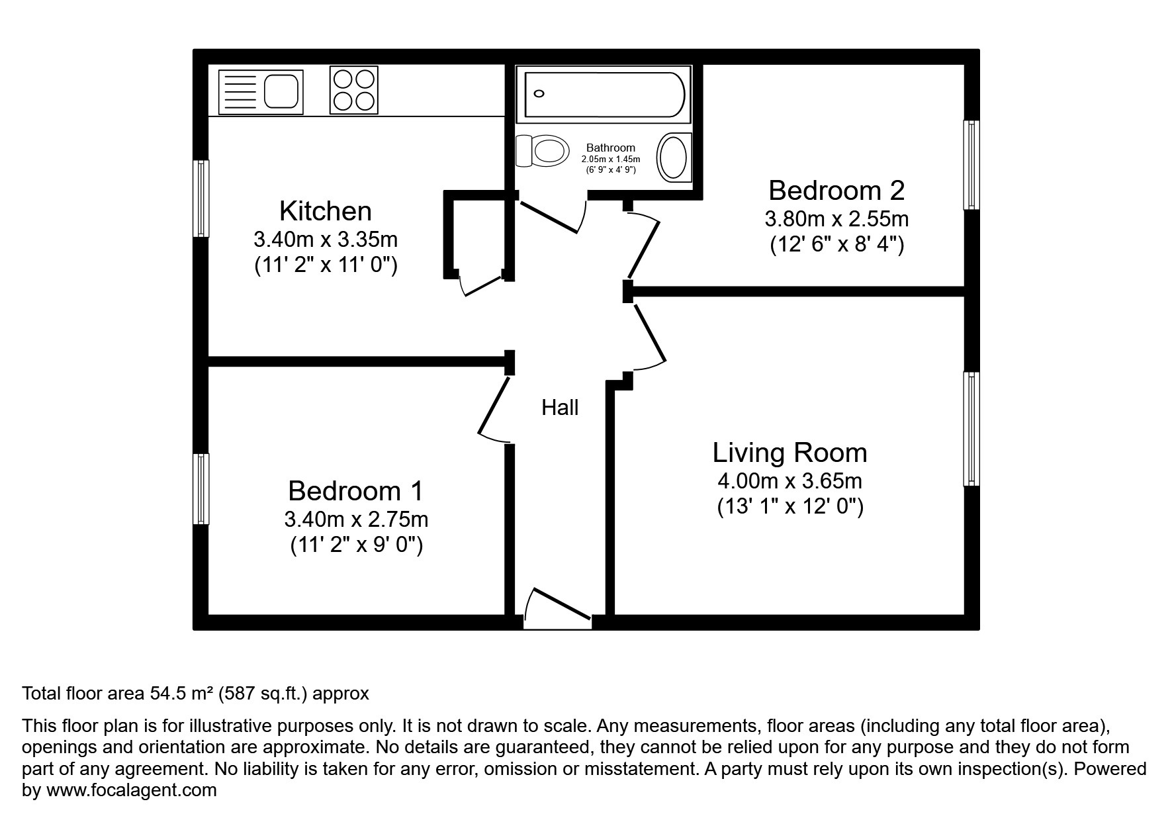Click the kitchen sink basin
[x=282, y=92]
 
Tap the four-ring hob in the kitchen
[x=353, y=90]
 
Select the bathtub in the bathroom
[x=604, y=94]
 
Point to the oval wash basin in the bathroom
[x=673, y=157]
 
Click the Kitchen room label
[x=326, y=211]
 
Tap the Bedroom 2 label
[x=836, y=191]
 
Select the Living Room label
[x=789, y=453]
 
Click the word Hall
[x=560, y=408]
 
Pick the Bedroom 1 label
[x=355, y=491]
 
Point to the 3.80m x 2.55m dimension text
[x=836, y=218]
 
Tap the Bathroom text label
[x=610, y=148]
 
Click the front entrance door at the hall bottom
[x=557, y=606]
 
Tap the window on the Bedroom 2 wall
[x=970, y=165]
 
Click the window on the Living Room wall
[x=970, y=428]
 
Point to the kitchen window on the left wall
[x=201, y=198]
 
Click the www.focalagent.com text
[x=132, y=790]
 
